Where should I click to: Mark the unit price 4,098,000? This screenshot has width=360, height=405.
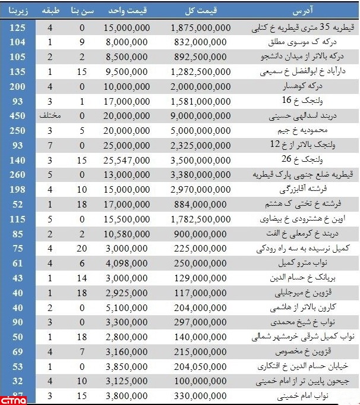click(127, 262)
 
